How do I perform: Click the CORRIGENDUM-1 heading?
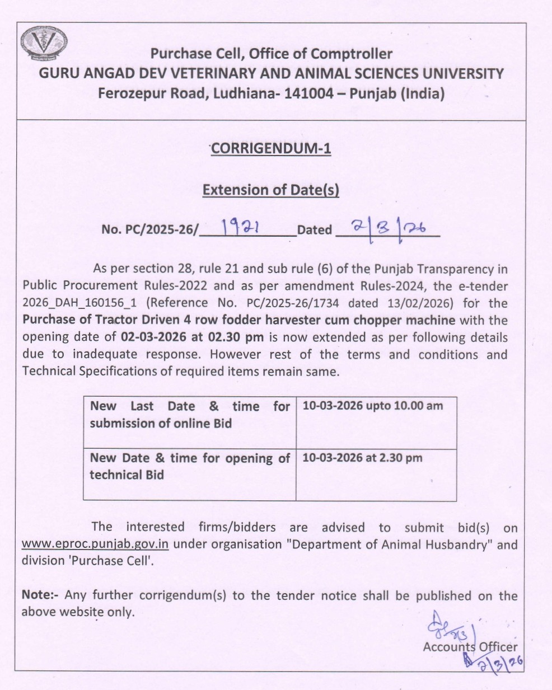271,148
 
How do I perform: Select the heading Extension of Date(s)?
271,190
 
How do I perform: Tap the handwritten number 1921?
239,227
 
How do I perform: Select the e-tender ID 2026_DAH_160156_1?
79,303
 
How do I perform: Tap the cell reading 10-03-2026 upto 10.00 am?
372,406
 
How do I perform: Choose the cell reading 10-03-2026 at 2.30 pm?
362,458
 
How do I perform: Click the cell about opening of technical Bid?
189,466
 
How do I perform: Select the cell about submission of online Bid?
189,415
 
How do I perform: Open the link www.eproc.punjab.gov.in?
95,545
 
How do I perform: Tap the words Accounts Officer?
470,647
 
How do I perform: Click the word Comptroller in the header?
352,54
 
